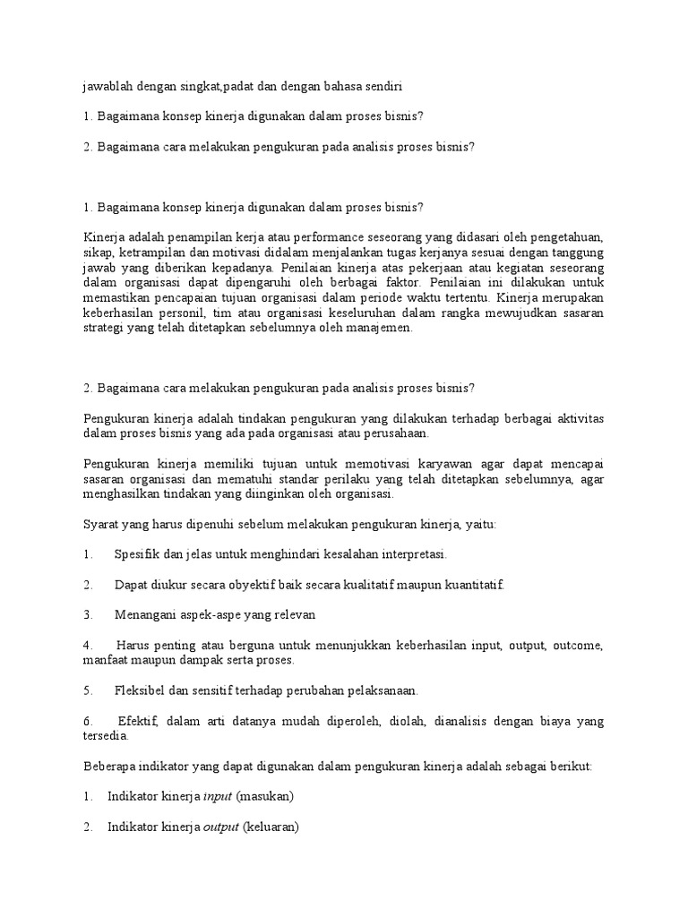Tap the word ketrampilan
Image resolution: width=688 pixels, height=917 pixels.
[x=155, y=253]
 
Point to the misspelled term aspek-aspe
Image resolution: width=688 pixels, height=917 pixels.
[x=197, y=615]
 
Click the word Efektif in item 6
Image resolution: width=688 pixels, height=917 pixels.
[x=139, y=721]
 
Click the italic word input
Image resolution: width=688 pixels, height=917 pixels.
[x=218, y=796]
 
